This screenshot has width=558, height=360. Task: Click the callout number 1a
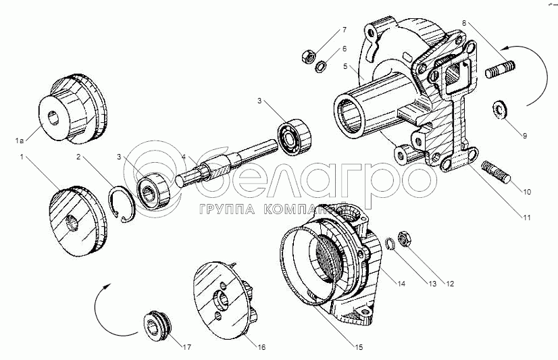click(x=20, y=140)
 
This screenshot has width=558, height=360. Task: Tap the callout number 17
click(x=184, y=348)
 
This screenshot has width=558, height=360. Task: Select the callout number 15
click(x=359, y=348)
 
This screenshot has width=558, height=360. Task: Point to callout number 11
click(x=527, y=218)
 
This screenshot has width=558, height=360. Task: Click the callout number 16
click(x=261, y=348)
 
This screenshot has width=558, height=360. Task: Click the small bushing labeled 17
click(x=159, y=324)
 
